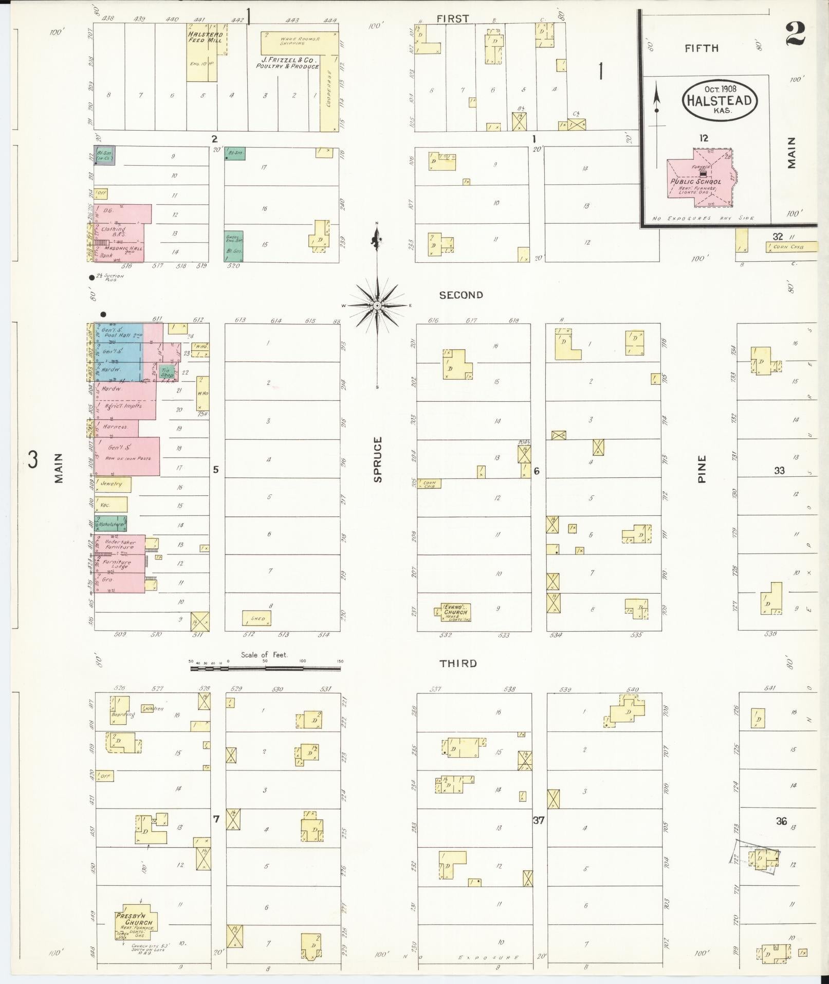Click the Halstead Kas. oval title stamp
point(720,100)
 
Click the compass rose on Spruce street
point(377,305)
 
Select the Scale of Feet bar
point(265,669)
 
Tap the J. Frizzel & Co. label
point(288,63)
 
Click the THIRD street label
point(458,664)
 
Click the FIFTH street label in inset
point(701,48)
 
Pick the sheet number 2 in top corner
point(795,35)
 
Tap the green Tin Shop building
point(165,373)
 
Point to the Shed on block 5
point(256,618)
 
